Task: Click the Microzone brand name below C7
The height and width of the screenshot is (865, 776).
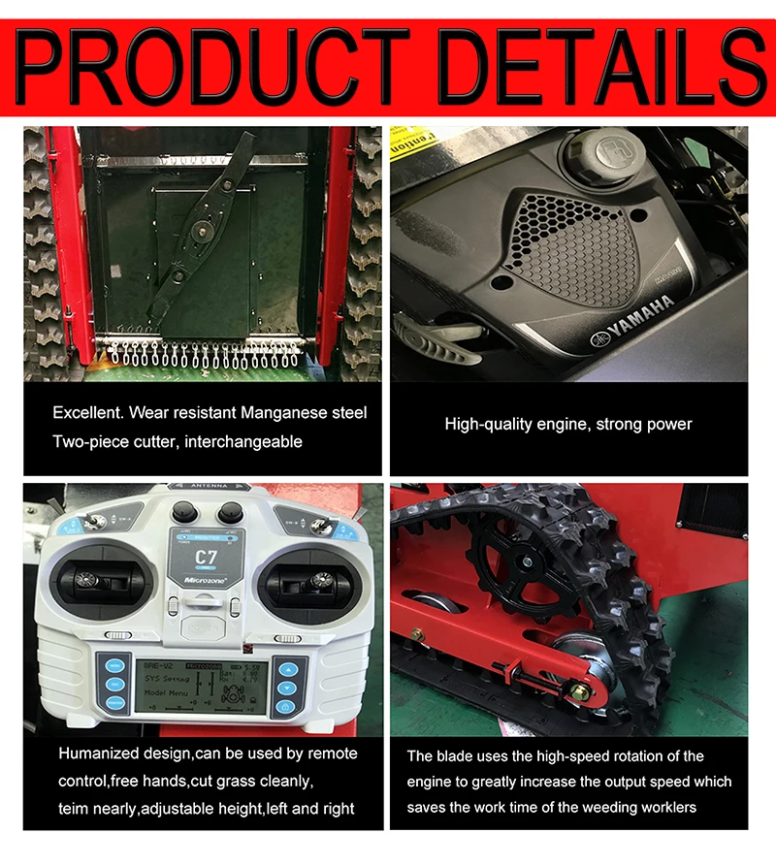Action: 205,580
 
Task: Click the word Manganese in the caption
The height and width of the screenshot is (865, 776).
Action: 282,413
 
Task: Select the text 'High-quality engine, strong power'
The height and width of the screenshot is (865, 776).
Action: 568,424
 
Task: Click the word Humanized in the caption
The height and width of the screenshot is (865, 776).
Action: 103,754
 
